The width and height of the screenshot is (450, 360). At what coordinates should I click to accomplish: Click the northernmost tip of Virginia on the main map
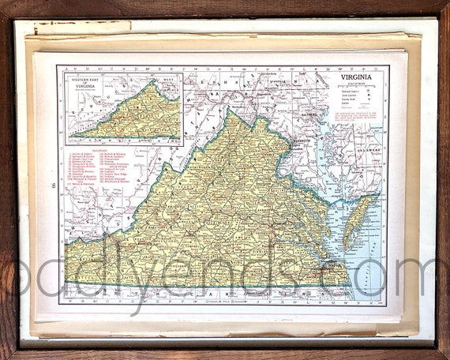pyautogui.click(x=229, y=111)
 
